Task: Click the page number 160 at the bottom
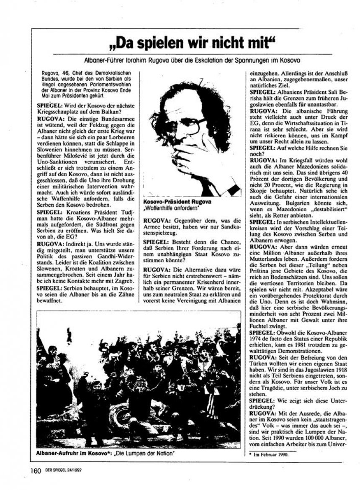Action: (x=36, y=470)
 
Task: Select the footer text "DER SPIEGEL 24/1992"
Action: (x=61, y=471)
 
